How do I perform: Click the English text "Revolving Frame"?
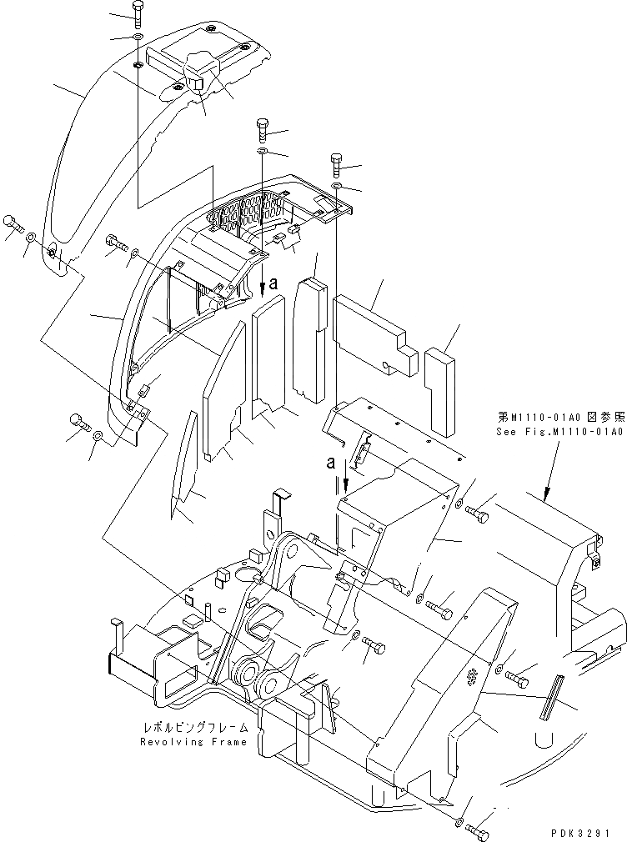pos(193,742)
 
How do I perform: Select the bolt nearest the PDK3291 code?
pos(478,830)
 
